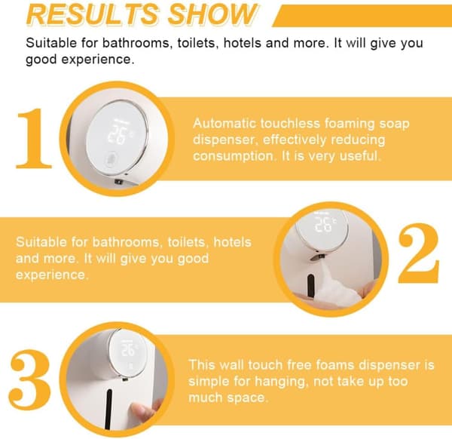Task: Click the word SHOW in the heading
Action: point(212,14)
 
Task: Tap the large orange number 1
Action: point(34,138)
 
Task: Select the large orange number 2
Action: point(419,253)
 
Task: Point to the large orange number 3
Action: point(30,379)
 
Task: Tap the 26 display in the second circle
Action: point(324,224)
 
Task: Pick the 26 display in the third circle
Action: point(128,350)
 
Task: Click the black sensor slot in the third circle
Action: point(108,409)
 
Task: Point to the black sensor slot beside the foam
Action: point(310,285)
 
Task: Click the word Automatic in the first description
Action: point(224,123)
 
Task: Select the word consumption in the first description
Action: point(234,156)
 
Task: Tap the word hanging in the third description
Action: point(279,381)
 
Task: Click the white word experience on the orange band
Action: point(52,275)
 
